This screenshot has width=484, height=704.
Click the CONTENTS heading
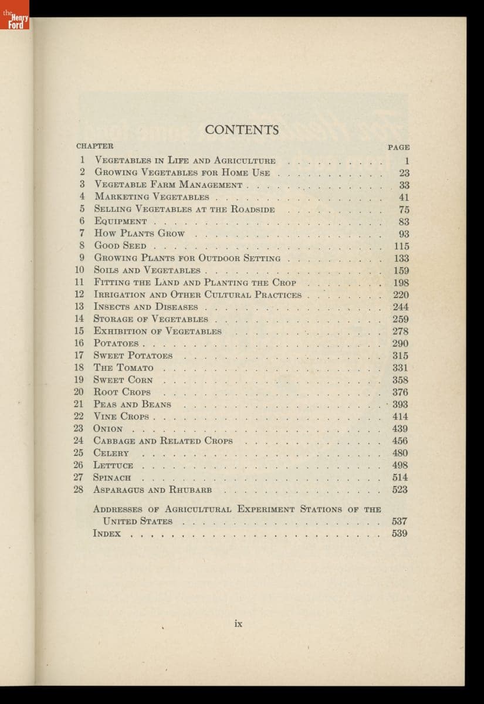(x=242, y=129)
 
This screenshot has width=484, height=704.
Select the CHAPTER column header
(x=95, y=146)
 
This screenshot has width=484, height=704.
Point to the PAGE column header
(x=398, y=147)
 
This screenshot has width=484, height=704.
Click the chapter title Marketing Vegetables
(x=151, y=197)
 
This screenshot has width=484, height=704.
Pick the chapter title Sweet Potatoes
(x=133, y=356)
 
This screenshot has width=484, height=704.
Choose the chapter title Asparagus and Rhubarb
(x=153, y=490)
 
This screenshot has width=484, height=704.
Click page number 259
(x=401, y=319)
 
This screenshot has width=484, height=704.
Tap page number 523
(x=400, y=490)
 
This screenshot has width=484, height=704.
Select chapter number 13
(x=79, y=307)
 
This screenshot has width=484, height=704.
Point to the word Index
(x=107, y=533)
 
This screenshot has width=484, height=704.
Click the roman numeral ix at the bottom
(x=238, y=624)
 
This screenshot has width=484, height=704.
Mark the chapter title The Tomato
(x=124, y=368)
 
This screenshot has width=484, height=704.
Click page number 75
(x=404, y=209)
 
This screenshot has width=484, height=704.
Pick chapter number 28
(x=79, y=490)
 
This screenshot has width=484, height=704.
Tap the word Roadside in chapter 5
(x=253, y=209)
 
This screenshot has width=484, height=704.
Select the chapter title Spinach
(x=112, y=478)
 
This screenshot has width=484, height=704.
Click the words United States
(x=137, y=521)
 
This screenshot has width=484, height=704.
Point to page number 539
(x=400, y=533)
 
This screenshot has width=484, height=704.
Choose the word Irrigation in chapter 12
(x=121, y=295)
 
